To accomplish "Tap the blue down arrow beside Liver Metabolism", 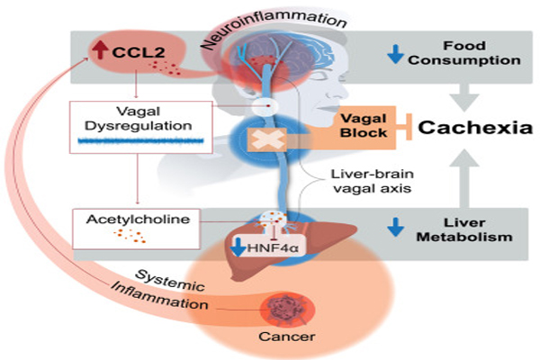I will (x=393, y=230).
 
